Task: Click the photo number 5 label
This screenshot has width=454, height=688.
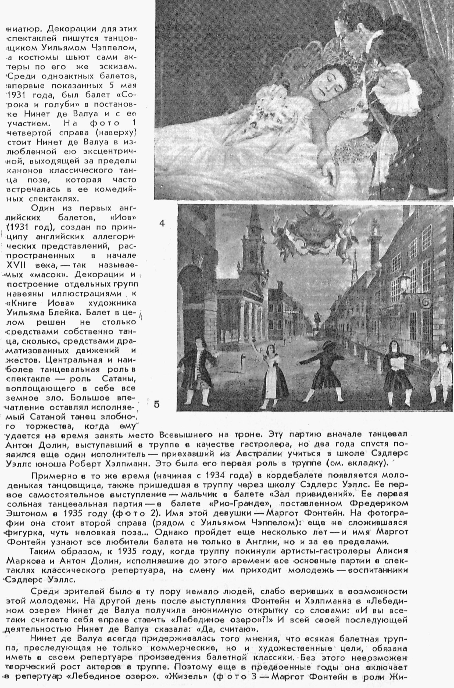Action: click(x=156, y=404)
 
